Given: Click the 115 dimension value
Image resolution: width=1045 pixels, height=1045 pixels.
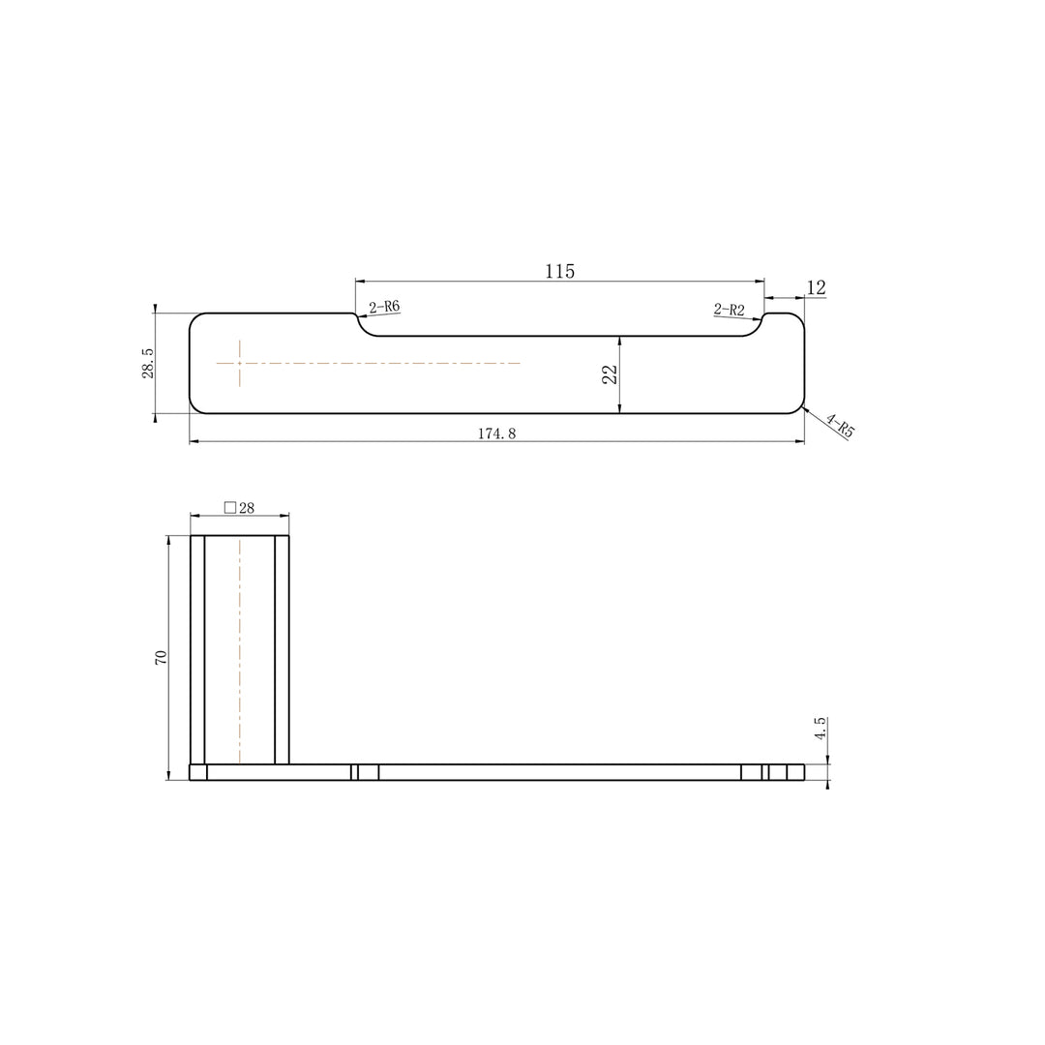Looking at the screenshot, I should (x=559, y=271).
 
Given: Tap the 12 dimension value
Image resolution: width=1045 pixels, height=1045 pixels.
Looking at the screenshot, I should (x=816, y=287).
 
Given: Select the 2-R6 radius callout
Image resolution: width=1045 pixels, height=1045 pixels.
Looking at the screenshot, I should (x=384, y=307).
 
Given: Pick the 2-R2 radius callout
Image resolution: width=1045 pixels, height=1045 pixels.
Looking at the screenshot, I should (x=730, y=310).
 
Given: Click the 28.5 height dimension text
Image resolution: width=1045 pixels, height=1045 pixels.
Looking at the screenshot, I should (x=148, y=363).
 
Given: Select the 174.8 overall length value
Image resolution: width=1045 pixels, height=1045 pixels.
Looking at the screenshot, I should (x=496, y=433).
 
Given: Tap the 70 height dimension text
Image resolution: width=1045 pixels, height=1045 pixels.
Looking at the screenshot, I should (x=162, y=656).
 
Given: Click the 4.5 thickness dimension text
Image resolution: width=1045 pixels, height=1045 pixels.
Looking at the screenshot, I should (x=821, y=729).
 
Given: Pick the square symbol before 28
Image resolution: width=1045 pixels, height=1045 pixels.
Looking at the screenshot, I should (x=229, y=507).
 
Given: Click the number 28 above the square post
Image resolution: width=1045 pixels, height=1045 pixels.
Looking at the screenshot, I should (x=247, y=507).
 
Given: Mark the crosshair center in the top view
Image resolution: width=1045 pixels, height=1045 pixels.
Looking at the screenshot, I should (x=239, y=363).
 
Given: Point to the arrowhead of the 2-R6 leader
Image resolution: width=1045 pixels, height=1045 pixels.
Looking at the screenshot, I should (x=359, y=315).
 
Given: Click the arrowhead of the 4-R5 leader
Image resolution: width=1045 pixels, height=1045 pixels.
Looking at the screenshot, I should (x=804, y=410).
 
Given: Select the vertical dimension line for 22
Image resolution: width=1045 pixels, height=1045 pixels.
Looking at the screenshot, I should (x=619, y=387).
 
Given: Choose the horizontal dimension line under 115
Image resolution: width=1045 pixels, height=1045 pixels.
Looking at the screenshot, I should (x=559, y=282).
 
